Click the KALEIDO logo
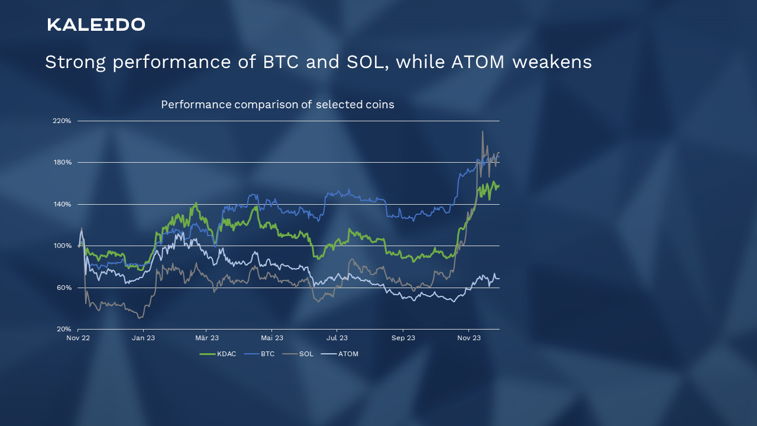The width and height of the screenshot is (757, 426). (96, 25)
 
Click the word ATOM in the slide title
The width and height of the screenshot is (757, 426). (478, 62)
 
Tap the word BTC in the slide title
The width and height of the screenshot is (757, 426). (281, 62)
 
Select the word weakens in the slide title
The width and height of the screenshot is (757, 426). (552, 62)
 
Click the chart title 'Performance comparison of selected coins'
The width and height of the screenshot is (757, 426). (277, 105)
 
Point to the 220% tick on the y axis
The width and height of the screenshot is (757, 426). (62, 121)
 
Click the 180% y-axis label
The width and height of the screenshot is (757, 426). (63, 162)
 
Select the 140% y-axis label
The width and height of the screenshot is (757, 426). (63, 204)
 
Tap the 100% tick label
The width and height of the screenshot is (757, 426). (63, 246)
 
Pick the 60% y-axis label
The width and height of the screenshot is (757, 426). (64, 288)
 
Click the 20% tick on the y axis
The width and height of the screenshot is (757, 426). (64, 329)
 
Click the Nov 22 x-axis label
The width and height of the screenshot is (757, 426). (78, 338)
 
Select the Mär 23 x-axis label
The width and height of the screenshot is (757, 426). (207, 338)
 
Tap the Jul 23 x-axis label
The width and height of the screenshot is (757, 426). (337, 338)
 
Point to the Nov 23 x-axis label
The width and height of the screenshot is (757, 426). (469, 338)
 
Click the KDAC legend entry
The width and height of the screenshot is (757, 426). (218, 354)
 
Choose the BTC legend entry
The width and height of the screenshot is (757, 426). (259, 354)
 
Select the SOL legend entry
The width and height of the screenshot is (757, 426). (298, 354)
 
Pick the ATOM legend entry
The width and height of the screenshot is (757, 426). (339, 354)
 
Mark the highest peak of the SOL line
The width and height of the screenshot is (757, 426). (482, 131)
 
